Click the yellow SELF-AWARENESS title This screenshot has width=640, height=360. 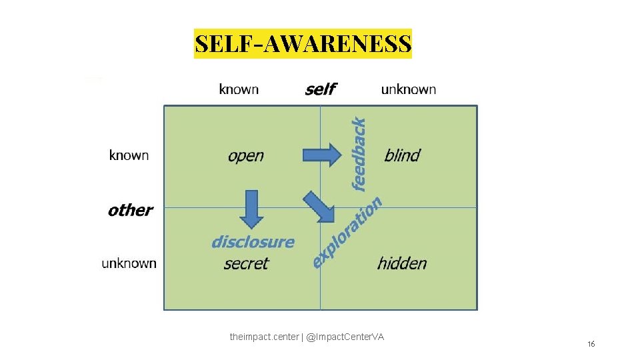pyautogui.click(x=303, y=44)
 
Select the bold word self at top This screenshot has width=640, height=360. pyautogui.click(x=320, y=89)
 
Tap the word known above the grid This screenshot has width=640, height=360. pyautogui.click(x=239, y=89)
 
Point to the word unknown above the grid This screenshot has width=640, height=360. pyautogui.click(x=408, y=89)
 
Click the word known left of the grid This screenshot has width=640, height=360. pyautogui.click(x=129, y=155)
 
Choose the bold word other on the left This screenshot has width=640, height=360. pyautogui.click(x=130, y=210)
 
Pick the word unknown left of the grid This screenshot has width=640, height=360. pyautogui.click(x=129, y=263)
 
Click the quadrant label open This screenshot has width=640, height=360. pyautogui.click(x=245, y=156)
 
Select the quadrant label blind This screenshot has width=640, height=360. pyautogui.click(x=402, y=156)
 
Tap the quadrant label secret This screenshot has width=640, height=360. pyautogui.click(x=246, y=263)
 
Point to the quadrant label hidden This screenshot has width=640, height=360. pyautogui.click(x=401, y=263)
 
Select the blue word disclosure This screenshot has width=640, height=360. pyautogui.click(x=253, y=241)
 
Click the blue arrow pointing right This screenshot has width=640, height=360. pyautogui.click(x=321, y=155)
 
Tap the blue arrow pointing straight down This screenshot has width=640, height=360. pyautogui.click(x=251, y=209)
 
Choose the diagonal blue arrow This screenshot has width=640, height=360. pyautogui.click(x=319, y=207)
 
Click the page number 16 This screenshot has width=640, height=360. pyautogui.click(x=591, y=344)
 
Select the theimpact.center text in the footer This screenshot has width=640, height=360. pyautogui.click(x=265, y=337)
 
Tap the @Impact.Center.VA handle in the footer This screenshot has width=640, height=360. pyautogui.click(x=345, y=337)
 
